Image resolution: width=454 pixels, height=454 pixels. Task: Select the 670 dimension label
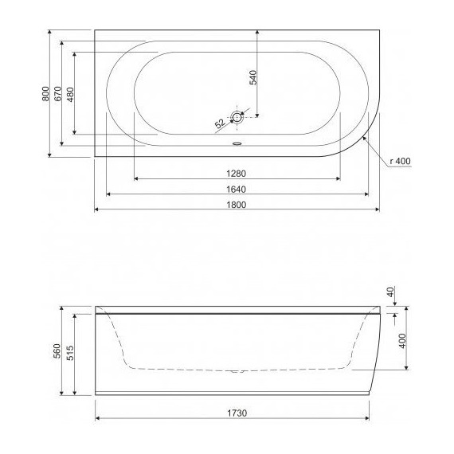58,93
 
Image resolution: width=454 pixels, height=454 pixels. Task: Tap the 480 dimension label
69,93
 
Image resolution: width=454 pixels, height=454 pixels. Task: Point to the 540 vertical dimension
252,77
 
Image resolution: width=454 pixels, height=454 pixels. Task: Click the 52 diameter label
218,123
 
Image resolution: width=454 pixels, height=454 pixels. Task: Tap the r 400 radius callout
401,162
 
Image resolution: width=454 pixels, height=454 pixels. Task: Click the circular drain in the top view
237,118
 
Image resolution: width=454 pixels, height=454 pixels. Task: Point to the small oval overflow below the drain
237,144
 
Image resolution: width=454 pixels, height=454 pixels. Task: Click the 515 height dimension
69,353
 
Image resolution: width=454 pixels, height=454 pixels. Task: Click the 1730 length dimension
234,413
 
